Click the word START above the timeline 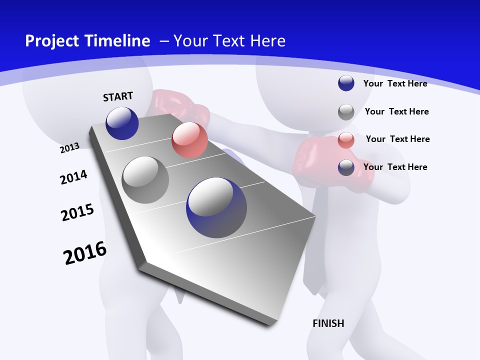pos(118,96)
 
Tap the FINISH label pos(328,323)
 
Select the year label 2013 pos(69,147)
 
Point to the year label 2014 pos(73,177)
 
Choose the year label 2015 pos(77,212)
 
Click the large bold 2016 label pos(85,253)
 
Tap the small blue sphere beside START pos(122,123)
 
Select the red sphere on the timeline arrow pos(189,140)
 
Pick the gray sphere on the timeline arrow pos(145,179)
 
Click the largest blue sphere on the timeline pos(216,207)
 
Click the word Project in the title pos(50,41)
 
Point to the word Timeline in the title pos(115,41)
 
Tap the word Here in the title pos(266,41)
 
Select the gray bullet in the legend pos(346,112)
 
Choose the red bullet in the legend pos(346,140)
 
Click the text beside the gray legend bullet pos(396,111)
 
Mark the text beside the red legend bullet pos(397,139)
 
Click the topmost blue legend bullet pos(346,83)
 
